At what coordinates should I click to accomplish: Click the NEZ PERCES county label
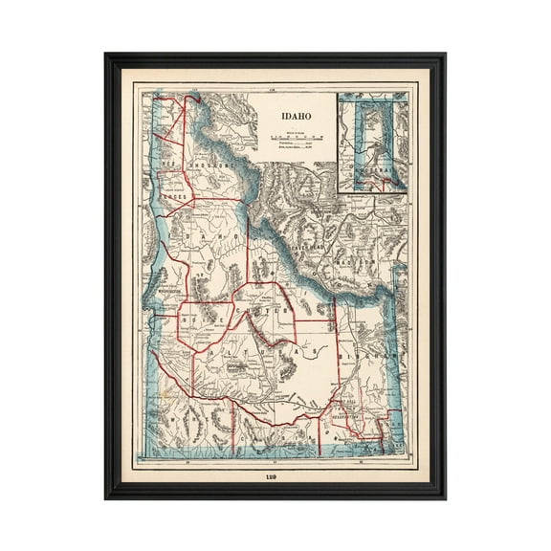click(175, 197)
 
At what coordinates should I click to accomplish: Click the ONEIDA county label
click(341, 421)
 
